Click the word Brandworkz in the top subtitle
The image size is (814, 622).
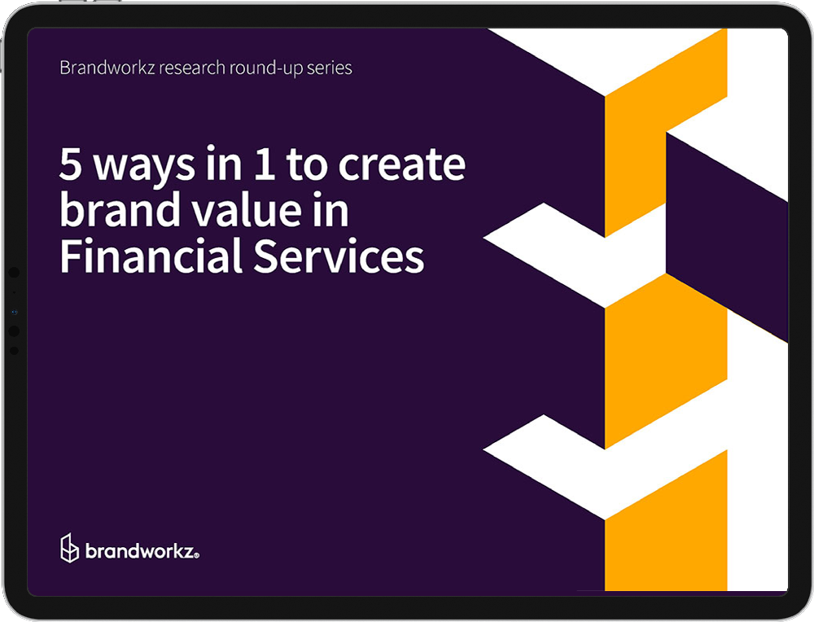[x=107, y=68]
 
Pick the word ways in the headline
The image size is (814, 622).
[x=144, y=165]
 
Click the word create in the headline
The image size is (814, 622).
[x=402, y=164]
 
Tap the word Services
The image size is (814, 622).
[x=339, y=256]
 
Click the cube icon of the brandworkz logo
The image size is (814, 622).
[x=69, y=548]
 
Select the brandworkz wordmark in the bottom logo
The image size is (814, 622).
[x=139, y=550]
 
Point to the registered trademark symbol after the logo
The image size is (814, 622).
[x=196, y=556]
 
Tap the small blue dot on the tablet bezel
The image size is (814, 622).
[x=15, y=312]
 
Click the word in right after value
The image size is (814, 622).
[x=330, y=209]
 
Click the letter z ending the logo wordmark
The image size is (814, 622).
[x=188, y=552]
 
